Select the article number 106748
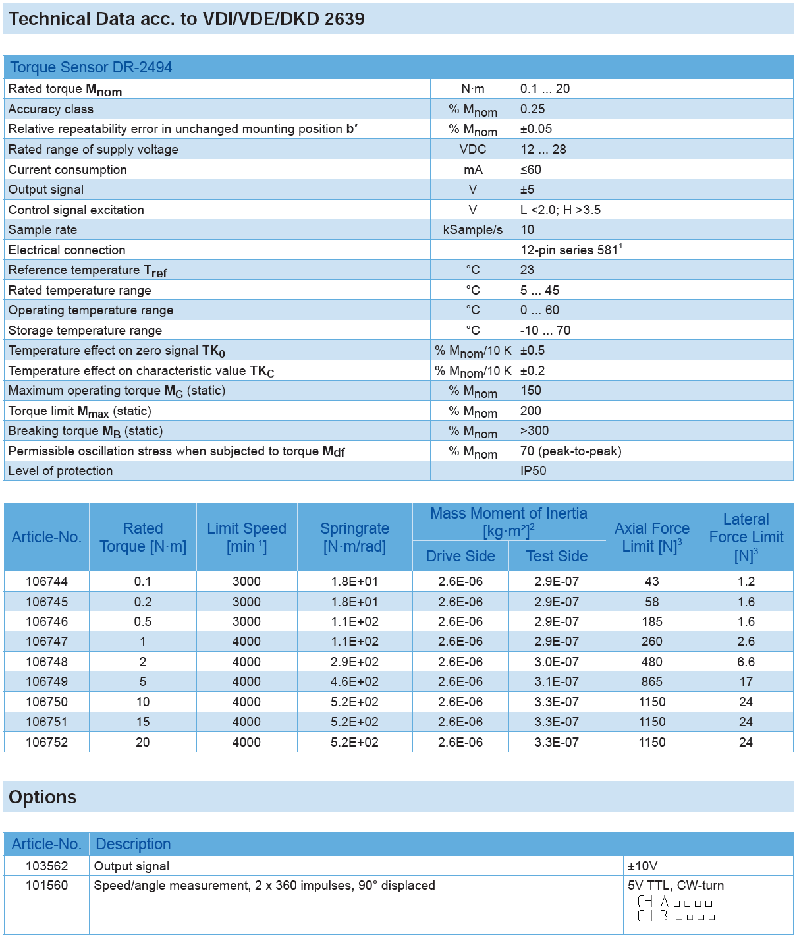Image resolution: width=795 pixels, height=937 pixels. pos(47,662)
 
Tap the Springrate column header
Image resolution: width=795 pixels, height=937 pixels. pos(354,537)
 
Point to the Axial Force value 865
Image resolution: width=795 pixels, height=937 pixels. pos(651,681)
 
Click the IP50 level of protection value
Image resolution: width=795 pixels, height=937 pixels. pos(533,471)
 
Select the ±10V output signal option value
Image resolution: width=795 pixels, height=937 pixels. pos(642,866)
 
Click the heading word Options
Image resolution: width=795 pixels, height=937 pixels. pos(43,797)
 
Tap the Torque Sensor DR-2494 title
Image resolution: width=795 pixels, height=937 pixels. pos(91,67)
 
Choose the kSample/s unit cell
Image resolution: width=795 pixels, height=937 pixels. pos(472,230)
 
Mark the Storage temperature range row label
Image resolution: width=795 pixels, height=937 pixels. pos(85,331)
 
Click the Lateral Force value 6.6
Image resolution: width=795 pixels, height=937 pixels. pos(746,662)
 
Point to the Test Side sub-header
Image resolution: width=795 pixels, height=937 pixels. pos(557,556)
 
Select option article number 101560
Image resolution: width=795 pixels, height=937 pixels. pos(47,885)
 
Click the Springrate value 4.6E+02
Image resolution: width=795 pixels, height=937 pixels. pos(354,681)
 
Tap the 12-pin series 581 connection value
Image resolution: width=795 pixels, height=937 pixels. pos(570,250)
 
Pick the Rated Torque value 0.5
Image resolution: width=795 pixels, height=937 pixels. pos(142,621)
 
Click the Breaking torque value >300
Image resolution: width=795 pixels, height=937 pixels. pos(534,431)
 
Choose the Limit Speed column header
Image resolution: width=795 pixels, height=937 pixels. pos(246,537)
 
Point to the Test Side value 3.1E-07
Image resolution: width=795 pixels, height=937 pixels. pos(557,681)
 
